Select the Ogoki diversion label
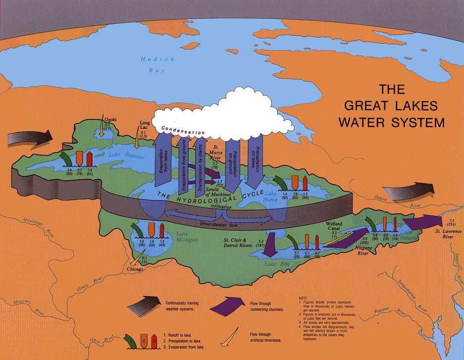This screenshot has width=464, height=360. (x=109, y=119)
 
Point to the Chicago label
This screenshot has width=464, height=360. (x=135, y=269)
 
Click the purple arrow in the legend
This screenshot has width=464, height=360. (x=225, y=304)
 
